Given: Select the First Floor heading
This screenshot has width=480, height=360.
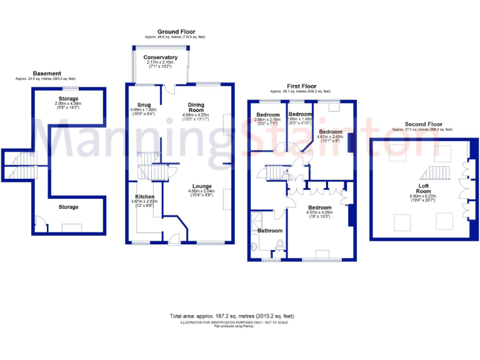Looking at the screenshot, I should point(301,86).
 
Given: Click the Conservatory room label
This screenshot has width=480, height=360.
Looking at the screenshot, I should point(160,57).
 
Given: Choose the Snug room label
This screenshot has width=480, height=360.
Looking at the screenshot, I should point(143,104).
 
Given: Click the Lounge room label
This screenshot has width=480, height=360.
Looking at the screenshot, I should point(201,186).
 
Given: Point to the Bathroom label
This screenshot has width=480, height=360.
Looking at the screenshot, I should point(271,231).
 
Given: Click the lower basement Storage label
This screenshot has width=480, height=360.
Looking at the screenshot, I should point(68,207).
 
